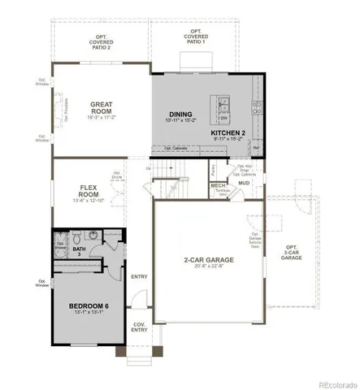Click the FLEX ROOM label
89,192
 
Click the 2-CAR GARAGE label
208,260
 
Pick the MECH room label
218,185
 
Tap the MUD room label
243,183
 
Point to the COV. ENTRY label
140,326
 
